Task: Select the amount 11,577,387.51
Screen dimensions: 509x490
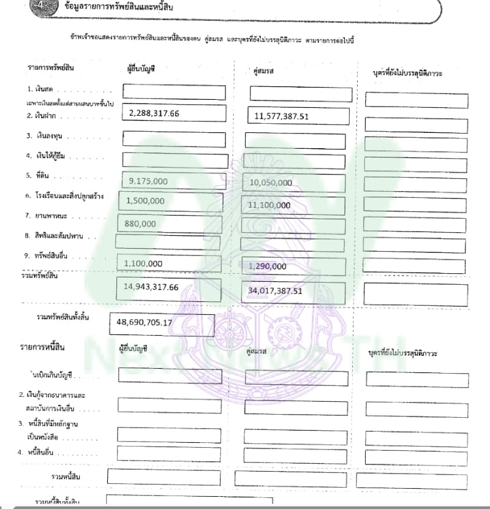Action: click(282, 116)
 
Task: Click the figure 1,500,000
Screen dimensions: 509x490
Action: click(145, 201)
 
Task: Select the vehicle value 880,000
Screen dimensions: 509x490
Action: click(140, 224)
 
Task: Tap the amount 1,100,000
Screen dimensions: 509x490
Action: click(143, 263)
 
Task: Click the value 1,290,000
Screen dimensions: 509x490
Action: click(268, 266)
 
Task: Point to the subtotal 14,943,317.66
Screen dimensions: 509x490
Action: click(151, 287)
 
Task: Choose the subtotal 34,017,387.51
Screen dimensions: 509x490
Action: click(276, 291)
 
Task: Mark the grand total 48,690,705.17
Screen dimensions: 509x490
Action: click(144, 322)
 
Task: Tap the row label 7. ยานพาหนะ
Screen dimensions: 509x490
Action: click(47, 216)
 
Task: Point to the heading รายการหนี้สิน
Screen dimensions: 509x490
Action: click(42, 347)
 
